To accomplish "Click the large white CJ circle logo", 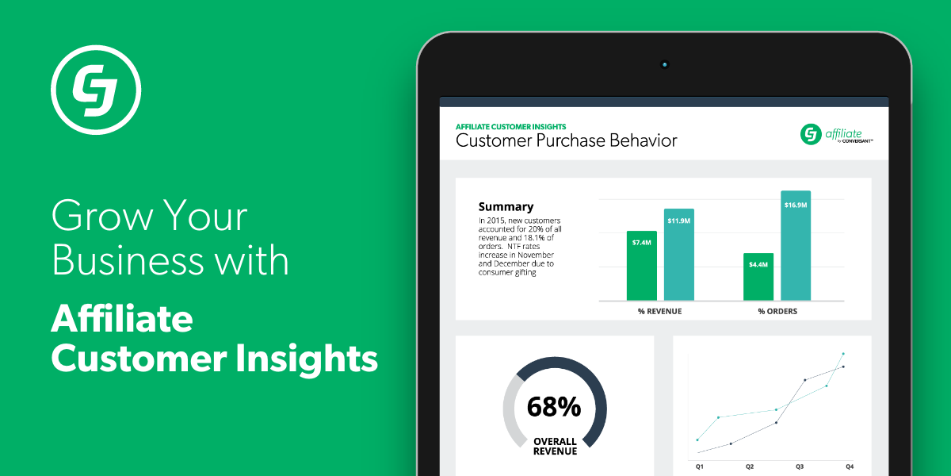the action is [x=96, y=90].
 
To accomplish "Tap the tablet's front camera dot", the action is [x=664, y=64].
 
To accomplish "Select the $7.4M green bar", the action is [x=641, y=266].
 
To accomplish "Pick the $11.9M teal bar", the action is [x=679, y=255].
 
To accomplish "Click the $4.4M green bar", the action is [x=758, y=277].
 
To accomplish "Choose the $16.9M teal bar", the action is [x=796, y=246].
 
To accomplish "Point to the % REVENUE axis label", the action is [x=659, y=311].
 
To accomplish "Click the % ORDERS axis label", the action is [x=777, y=311].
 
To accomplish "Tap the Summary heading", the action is [x=506, y=207].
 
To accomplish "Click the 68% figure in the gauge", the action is [x=554, y=407].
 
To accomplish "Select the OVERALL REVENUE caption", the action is [x=555, y=446].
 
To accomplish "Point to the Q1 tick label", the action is [x=699, y=466].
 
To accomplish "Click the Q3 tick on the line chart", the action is [x=800, y=466].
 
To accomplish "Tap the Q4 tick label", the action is [x=850, y=466].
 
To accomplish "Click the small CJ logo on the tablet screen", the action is [x=811, y=134].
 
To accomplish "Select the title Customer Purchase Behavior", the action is [x=567, y=140].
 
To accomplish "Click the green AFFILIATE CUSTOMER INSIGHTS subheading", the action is [x=510, y=127].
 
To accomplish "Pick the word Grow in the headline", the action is [x=102, y=215].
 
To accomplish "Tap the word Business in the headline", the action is [x=128, y=259].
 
